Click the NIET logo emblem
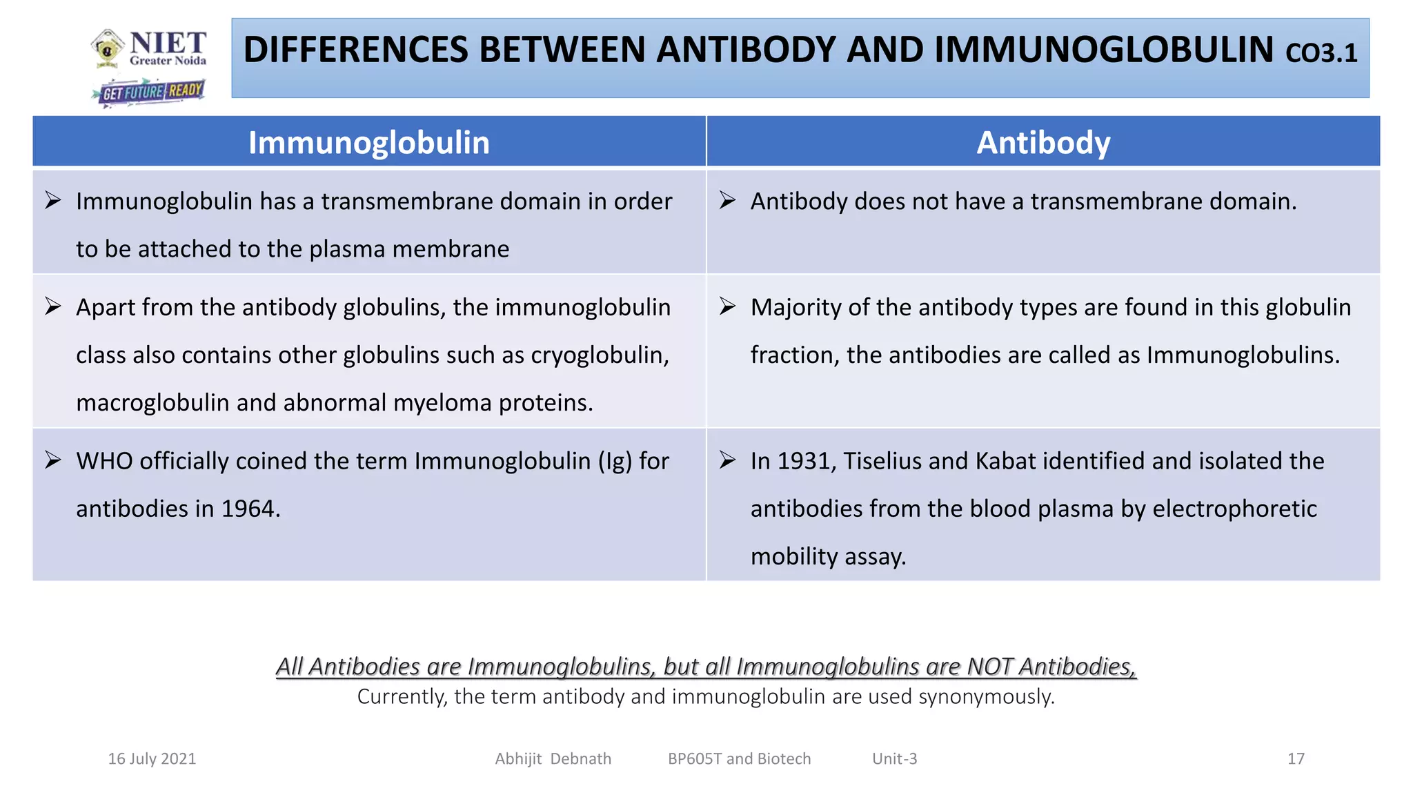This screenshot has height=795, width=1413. tap(108, 48)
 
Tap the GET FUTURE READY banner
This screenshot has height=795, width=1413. tap(149, 92)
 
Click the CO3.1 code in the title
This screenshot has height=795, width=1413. tap(1321, 53)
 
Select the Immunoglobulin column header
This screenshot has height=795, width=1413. tap(369, 143)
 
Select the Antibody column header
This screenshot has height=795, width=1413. tap(1043, 143)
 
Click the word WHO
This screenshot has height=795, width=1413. tap(104, 461)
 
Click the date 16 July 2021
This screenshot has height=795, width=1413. tap(152, 759)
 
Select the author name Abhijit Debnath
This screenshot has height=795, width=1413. tap(553, 759)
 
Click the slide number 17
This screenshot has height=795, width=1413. tap(1296, 759)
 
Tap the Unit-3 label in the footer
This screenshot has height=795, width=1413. tap(894, 759)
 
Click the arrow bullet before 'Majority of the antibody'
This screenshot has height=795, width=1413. tap(727, 306)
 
